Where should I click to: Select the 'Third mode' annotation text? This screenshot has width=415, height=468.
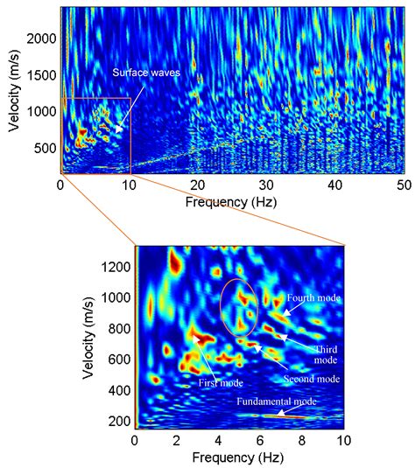324,353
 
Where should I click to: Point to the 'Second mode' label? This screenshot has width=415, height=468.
310,380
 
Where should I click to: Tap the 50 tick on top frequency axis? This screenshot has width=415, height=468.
404,185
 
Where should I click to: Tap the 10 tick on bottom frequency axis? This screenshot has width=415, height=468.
344,441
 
